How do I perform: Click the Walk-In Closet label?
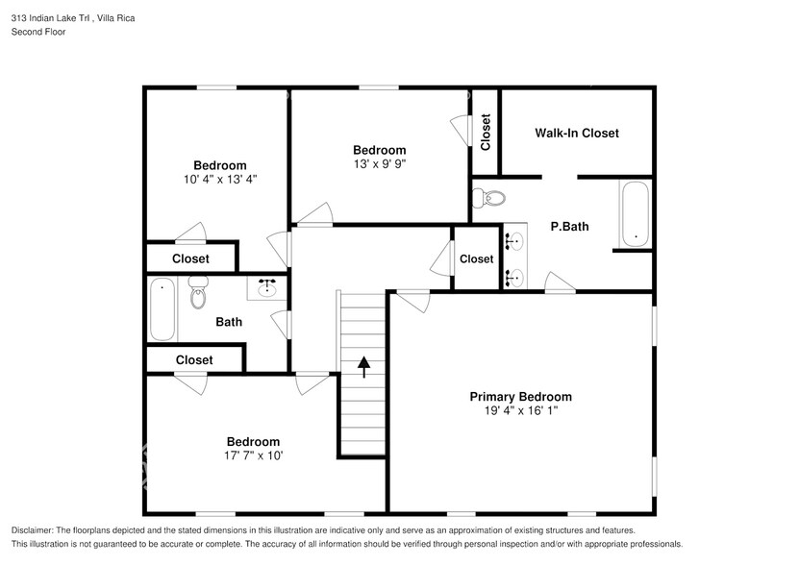[x=577, y=133]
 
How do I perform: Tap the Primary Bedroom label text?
[x=520, y=397]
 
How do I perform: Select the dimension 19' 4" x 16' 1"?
[x=520, y=411]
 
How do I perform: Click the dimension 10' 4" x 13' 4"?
[x=219, y=179]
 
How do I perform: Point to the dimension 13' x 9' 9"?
[x=379, y=163]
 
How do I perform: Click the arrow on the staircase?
[x=364, y=364]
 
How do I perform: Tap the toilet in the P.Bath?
[x=490, y=199]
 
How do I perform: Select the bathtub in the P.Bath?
[x=635, y=213]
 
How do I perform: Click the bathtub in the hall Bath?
[x=162, y=308]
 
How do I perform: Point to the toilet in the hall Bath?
[x=199, y=292]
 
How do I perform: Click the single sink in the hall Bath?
[x=266, y=286]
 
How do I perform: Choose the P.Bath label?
[x=569, y=227]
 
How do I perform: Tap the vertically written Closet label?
[x=486, y=132]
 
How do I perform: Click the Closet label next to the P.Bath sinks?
[x=476, y=258]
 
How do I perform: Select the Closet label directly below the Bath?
[x=194, y=359]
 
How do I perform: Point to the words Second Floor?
[x=37, y=32]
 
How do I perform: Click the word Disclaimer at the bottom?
[x=38, y=530]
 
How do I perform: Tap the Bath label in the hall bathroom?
[x=229, y=322]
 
